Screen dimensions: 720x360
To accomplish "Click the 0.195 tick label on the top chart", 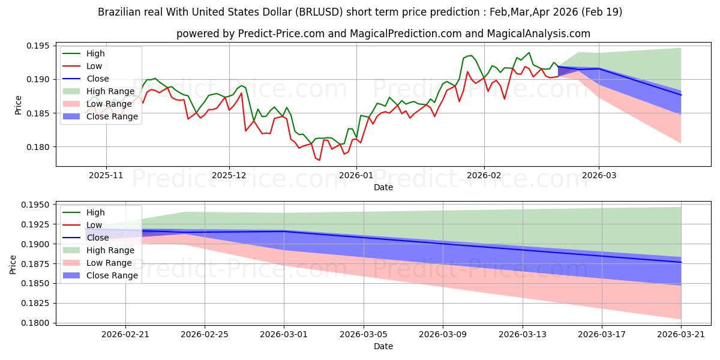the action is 38,46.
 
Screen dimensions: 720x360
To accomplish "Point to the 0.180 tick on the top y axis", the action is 38,147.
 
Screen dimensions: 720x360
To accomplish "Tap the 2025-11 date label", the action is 106,175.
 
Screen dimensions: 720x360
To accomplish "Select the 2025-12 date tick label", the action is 229,175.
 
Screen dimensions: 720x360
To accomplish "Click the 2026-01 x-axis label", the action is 356,175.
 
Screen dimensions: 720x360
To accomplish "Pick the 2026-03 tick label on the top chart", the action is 599,175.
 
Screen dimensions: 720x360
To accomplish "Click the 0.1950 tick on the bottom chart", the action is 35,205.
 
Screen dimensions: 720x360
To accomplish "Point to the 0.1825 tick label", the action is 35,304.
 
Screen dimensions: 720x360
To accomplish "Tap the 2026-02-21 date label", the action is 125,335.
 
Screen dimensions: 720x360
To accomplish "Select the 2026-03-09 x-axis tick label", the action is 443,335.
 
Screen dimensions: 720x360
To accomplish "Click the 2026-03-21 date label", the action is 681,335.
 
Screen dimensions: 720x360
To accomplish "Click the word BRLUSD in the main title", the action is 319,12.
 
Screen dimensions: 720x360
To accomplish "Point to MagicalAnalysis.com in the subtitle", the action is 538,34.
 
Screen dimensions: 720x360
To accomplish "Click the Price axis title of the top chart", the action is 18,105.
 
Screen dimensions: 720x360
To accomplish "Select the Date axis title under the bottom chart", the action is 383,346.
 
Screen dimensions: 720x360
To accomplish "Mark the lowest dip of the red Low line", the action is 319,160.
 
